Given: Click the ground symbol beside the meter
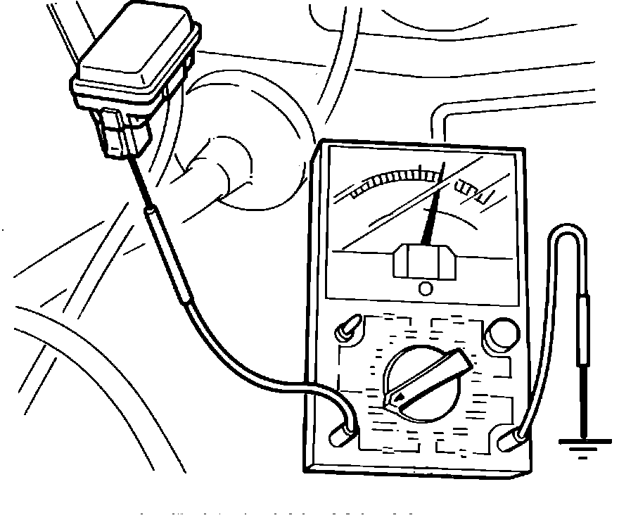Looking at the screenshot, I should click(x=584, y=446).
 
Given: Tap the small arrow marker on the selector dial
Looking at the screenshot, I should click(x=400, y=399).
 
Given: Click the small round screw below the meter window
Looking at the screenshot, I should click(x=425, y=288).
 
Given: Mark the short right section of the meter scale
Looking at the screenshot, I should click(x=476, y=190).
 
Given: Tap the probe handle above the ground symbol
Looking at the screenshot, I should click(x=583, y=331).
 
